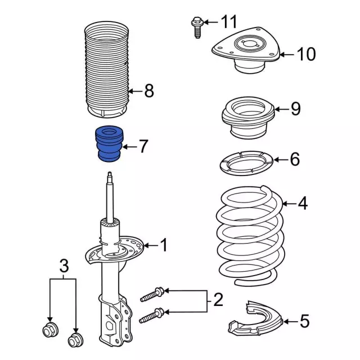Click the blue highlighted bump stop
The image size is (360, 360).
pos(109,143)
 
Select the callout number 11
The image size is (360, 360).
pos(229,22)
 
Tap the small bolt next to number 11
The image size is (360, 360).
pos(197,27)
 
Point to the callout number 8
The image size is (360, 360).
pos(149,91)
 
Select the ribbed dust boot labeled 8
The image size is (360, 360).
pos(107,70)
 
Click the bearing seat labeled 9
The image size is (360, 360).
pos(248,118)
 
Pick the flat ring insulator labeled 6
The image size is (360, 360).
pos(246,163)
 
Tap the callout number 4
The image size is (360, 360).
pos(303,203)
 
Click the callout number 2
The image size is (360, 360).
pos(218,300)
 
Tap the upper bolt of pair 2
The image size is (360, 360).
pos(152,295)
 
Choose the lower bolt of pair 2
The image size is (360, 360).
pos(151,316)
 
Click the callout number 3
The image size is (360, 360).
pos(64,266)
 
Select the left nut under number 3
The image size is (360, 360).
pos(51,330)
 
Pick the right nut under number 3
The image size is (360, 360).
pos(76,340)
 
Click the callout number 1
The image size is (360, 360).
pos(164,245)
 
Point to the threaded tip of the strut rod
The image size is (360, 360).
pos(110,177)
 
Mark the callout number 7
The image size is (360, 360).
pos(143,146)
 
